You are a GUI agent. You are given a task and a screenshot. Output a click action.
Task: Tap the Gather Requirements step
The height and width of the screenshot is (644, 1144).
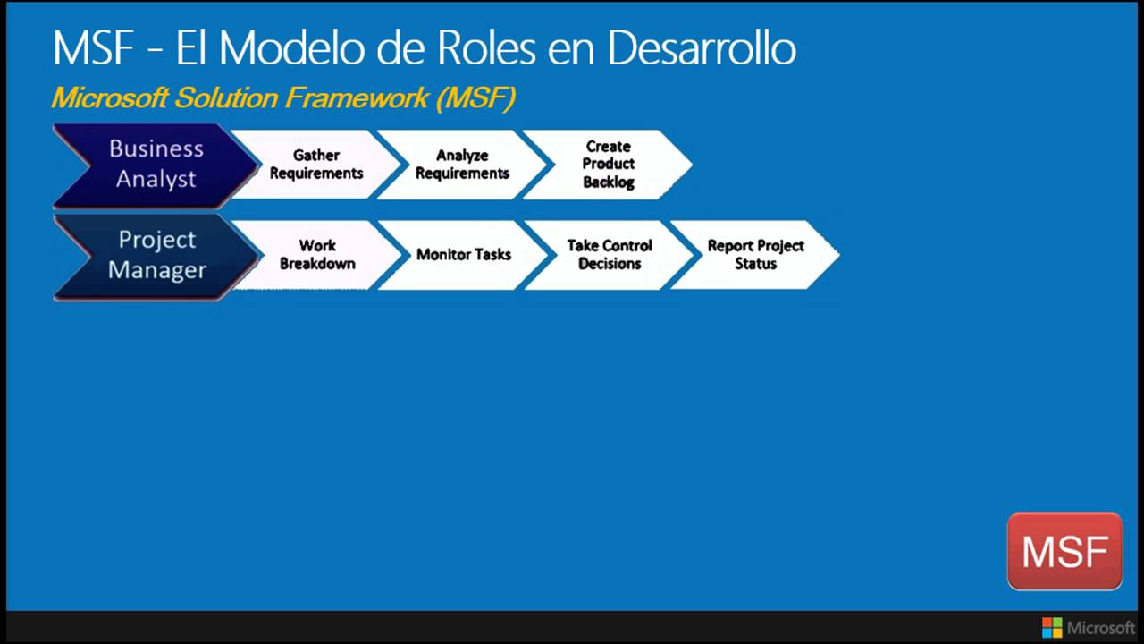coord(316,165)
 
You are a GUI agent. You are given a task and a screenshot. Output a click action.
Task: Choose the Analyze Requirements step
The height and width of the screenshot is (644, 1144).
coord(462,165)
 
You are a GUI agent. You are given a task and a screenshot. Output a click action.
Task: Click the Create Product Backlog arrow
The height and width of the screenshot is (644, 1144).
coord(609,165)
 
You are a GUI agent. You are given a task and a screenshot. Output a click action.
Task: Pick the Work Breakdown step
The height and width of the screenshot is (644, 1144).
coord(317,255)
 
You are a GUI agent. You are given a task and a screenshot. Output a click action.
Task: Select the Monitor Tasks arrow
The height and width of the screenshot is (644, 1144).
coord(463,255)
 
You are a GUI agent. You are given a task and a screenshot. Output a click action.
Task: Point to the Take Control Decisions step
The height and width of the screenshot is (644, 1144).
coord(610,255)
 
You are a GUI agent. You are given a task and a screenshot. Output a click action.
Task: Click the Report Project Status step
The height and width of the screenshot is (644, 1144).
coord(755,255)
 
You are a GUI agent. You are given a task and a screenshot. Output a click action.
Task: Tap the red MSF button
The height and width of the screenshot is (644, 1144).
coord(1064,551)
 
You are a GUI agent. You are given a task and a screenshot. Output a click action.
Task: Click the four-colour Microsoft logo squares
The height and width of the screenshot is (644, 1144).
coord(1052,627)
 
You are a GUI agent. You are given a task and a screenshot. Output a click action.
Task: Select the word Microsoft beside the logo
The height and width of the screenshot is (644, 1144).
coord(1101,627)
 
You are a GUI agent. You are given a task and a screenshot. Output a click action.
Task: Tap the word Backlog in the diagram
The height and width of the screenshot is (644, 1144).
coord(609,182)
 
